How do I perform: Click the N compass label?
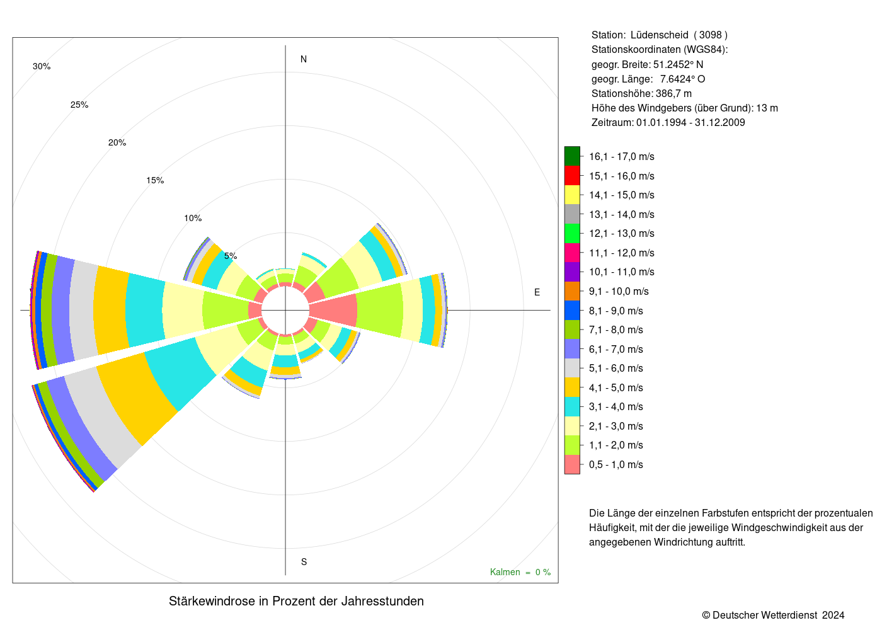(x=304, y=59)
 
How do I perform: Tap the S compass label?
(x=304, y=562)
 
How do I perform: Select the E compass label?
(x=537, y=292)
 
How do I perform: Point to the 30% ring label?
(x=42, y=67)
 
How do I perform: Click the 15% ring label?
(x=155, y=181)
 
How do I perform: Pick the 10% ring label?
(x=193, y=219)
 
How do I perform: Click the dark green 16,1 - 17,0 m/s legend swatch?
(x=572, y=156)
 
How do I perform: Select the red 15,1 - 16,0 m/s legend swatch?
(x=572, y=176)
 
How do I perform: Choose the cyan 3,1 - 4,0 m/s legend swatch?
(x=572, y=407)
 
